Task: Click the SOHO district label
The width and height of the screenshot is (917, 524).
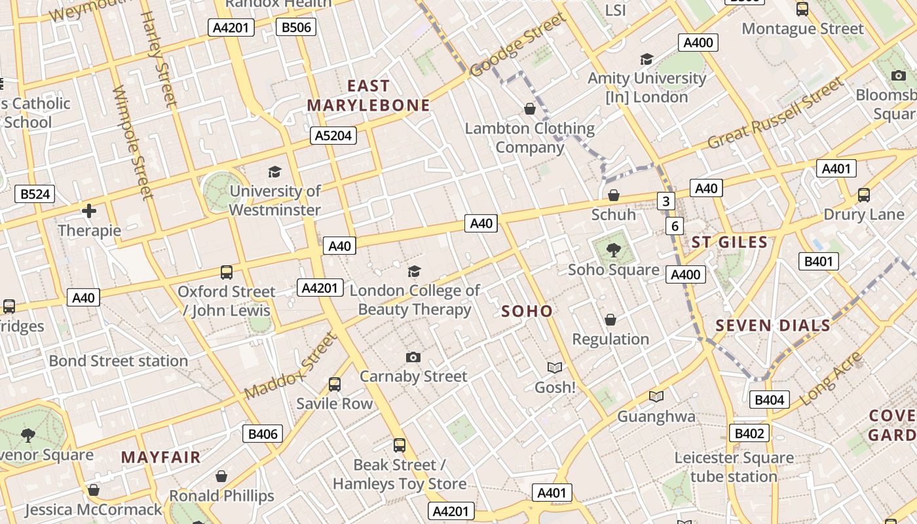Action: point(527,311)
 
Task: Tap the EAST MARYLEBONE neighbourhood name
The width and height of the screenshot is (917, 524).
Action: point(368,96)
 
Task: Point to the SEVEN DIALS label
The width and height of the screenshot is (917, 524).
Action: point(773,326)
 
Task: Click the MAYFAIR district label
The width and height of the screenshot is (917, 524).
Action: point(160,457)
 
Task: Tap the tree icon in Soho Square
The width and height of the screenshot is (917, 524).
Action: point(613,250)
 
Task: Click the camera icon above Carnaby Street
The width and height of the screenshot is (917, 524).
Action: point(413,357)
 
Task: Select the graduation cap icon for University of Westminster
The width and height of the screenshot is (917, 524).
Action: point(274,172)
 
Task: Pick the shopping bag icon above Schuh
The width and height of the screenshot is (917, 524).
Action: point(614,195)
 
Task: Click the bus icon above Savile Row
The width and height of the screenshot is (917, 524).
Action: point(335,384)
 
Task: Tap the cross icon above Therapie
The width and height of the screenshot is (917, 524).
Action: point(89,211)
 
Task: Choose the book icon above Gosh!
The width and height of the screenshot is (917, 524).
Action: point(555,368)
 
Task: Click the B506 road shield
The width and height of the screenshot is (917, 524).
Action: point(296,27)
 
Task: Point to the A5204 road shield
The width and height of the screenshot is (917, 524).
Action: point(333,136)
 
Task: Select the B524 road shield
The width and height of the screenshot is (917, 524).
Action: point(34,194)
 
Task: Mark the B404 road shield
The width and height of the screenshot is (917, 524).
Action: point(770,400)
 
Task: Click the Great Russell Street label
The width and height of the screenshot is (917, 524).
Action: point(776,114)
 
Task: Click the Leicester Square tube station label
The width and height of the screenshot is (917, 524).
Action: point(734,467)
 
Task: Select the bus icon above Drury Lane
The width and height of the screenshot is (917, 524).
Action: point(864,195)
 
